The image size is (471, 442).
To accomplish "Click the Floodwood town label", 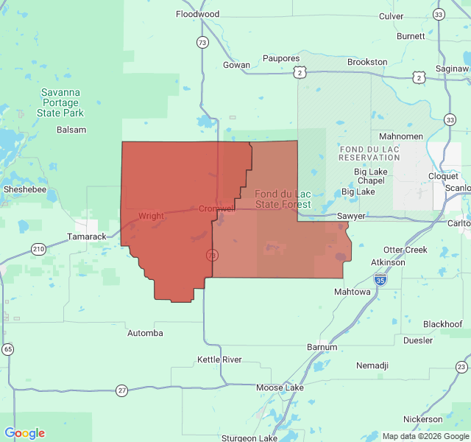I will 197,14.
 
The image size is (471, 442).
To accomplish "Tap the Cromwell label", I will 216,209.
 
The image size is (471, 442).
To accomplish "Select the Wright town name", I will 151,217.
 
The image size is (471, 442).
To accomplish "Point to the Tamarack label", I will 87,236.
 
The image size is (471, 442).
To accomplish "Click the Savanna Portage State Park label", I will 61,102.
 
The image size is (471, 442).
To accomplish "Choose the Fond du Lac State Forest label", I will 283,199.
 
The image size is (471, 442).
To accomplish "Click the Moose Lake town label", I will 280,387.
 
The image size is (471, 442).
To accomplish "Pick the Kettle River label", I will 219,359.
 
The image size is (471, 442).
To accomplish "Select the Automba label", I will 145,333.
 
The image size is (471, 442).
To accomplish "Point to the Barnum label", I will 322,347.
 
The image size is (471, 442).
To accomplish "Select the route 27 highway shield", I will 121,390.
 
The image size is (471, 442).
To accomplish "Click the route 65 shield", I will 7,348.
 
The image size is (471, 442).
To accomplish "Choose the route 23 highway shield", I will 461,367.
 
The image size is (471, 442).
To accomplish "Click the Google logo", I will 24,433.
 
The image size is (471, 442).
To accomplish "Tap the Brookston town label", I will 367,62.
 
